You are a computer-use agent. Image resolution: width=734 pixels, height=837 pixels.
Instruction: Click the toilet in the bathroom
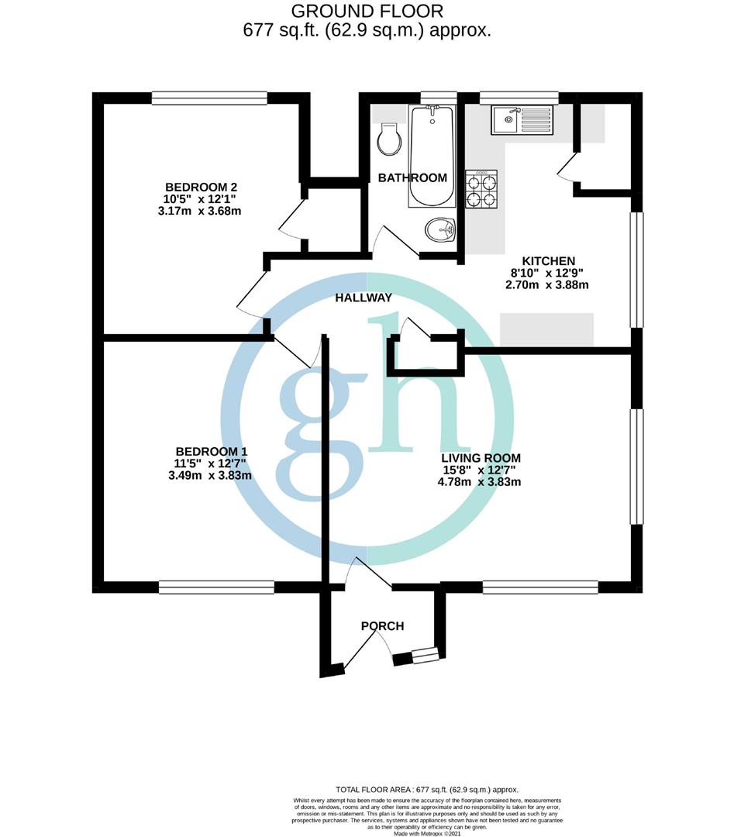(x=388, y=140)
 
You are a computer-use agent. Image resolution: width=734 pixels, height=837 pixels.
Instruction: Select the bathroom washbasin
(x=440, y=229)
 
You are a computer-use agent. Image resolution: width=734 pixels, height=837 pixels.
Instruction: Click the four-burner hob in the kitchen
(x=481, y=190)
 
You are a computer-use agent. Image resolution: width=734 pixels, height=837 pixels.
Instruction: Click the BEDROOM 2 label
(x=201, y=187)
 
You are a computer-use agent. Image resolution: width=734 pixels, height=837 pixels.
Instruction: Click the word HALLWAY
(x=364, y=298)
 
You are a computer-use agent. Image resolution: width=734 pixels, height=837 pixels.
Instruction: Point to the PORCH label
(x=382, y=625)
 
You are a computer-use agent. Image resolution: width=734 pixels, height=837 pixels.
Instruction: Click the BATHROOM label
(x=412, y=177)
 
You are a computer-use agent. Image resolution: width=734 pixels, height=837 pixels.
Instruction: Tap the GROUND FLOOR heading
(x=367, y=12)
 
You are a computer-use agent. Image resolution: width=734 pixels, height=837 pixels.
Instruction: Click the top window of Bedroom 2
(x=209, y=98)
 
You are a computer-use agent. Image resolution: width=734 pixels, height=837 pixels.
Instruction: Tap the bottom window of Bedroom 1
(x=216, y=588)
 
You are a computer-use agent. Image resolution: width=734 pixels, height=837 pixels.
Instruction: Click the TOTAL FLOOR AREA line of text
(x=426, y=789)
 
